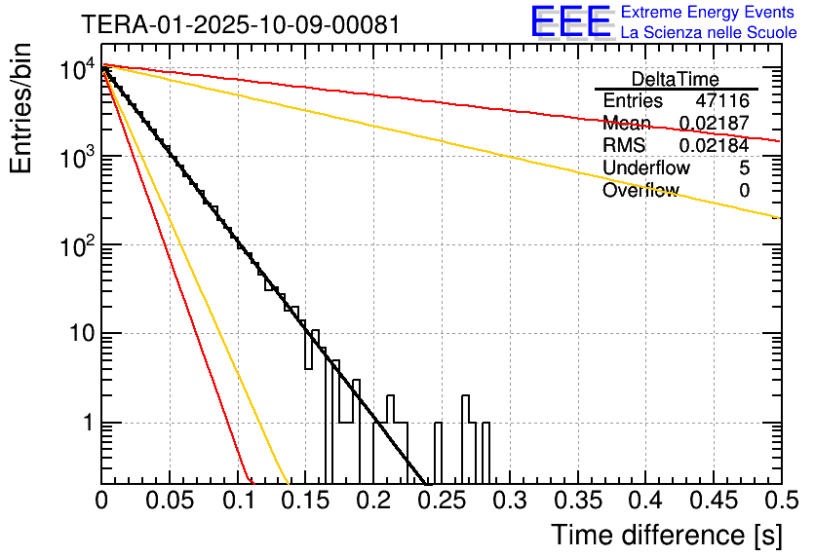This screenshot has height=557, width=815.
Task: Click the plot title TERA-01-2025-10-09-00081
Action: [x=240, y=24]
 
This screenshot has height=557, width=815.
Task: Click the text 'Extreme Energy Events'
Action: [x=709, y=13]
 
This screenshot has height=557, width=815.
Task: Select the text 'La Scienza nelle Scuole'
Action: [x=709, y=33]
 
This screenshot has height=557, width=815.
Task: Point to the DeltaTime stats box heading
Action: [x=676, y=79]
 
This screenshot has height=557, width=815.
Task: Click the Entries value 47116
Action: [x=722, y=101]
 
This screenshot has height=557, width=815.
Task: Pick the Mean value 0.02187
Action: [x=714, y=124]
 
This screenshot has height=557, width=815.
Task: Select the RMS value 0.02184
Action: [x=714, y=146]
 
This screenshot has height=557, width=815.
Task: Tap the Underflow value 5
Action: [x=744, y=168]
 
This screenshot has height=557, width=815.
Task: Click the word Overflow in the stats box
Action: [x=640, y=191]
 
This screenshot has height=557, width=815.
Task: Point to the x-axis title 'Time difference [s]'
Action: [x=666, y=535]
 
